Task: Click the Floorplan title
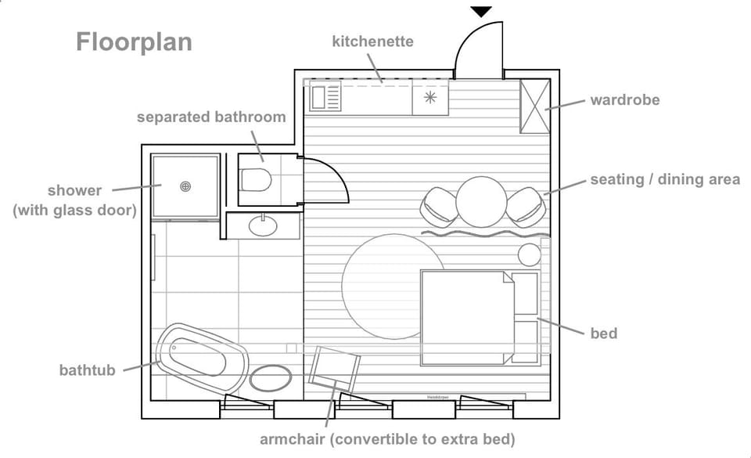pyautogui.click(x=134, y=41)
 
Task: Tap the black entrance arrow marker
pyautogui.click(x=481, y=11)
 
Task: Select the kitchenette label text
pyautogui.click(x=372, y=41)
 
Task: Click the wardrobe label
pyautogui.click(x=624, y=100)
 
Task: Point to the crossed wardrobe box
pyautogui.click(x=536, y=106)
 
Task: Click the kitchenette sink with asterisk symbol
pyautogui.click(x=430, y=98)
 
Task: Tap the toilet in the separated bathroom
pyautogui.click(x=255, y=180)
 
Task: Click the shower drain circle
pyautogui.click(x=185, y=186)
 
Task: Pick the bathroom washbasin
pyautogui.click(x=263, y=226)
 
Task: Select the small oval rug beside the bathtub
pyautogui.click(x=271, y=378)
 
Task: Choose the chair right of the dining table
pyautogui.click(x=525, y=207)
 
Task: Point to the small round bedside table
pyautogui.click(x=530, y=254)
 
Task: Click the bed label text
pyautogui.click(x=603, y=334)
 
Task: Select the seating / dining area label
pyautogui.click(x=664, y=180)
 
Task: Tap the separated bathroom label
pyautogui.click(x=211, y=117)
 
